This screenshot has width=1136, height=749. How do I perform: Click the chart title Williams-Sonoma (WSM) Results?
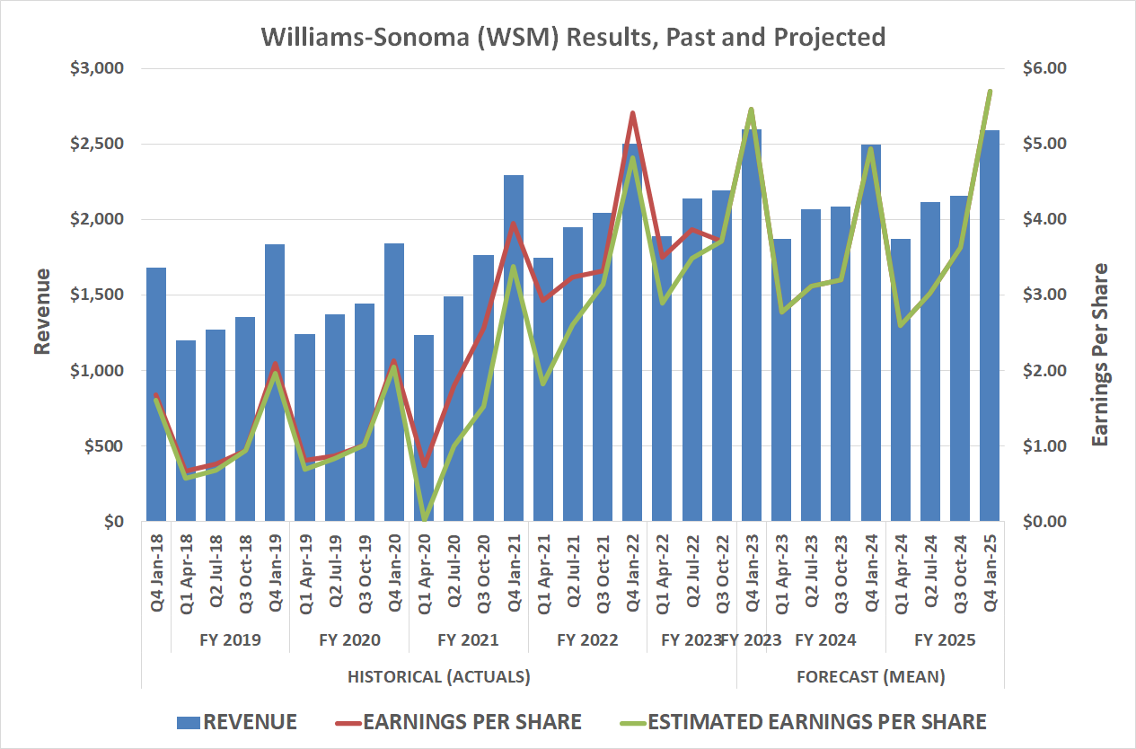point(573,36)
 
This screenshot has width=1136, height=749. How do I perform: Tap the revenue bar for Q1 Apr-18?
point(186,431)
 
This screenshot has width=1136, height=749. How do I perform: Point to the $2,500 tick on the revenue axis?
point(99,144)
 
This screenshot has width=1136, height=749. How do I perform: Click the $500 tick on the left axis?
point(104,446)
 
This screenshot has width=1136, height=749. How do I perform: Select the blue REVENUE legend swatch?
point(188,722)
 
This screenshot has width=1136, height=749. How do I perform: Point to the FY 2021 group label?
point(468,640)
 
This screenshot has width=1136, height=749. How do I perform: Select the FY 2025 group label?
point(945,640)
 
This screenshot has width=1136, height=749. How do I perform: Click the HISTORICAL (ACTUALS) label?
point(438,676)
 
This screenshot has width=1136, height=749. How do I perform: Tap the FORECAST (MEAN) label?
point(870,676)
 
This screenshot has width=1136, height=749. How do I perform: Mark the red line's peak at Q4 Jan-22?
point(632,113)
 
